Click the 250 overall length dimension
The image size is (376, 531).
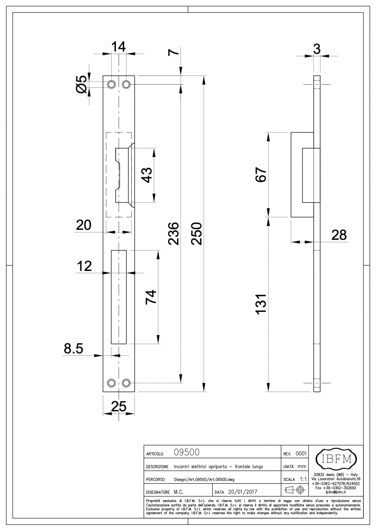point(197,234)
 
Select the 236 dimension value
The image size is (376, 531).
point(173,234)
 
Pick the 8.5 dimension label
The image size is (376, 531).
point(74,348)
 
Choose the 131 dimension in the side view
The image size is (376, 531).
point(261,304)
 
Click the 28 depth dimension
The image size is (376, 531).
point(339,235)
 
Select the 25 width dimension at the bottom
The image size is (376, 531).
point(119,406)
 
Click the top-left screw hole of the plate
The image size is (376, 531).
point(111,85)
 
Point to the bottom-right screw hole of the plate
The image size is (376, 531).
point(126,383)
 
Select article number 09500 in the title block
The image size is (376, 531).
point(186,453)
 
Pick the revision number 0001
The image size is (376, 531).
point(301,453)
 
